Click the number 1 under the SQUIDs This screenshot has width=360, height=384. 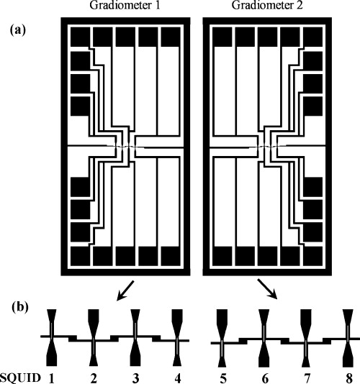click(x=52, y=375)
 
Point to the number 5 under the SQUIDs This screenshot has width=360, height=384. click(x=222, y=375)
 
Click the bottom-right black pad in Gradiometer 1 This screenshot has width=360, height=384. click(x=170, y=255)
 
